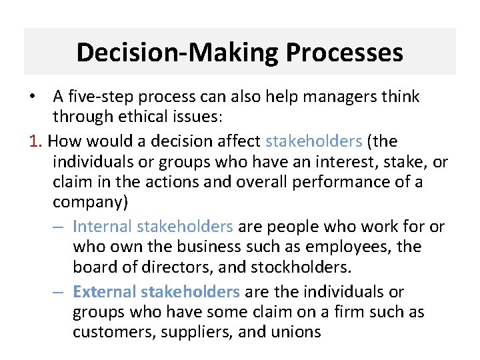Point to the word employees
pyautogui.click(x=349, y=247)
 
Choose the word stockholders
pyautogui.click(x=297, y=267)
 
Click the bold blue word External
pyautogui.click(x=103, y=291)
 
